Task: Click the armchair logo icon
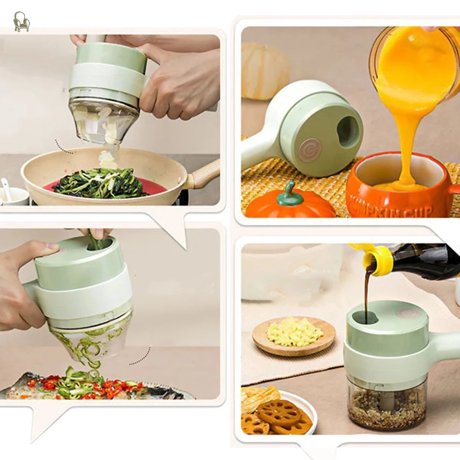(x=21, y=22)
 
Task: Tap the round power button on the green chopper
(x=310, y=150)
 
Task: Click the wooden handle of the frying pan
(x=204, y=175)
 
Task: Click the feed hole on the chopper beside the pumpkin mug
(x=349, y=132)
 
